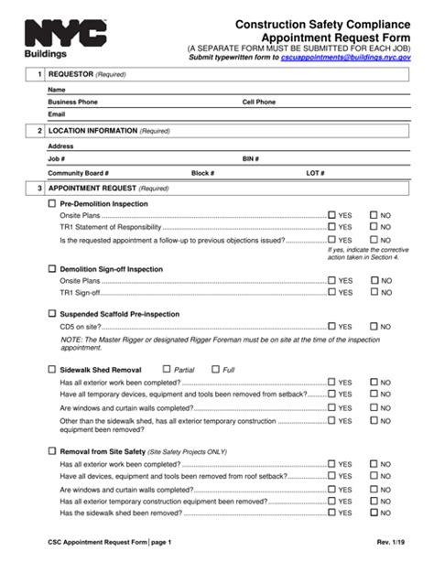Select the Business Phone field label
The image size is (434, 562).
(x=73, y=103)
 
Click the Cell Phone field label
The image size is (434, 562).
(x=262, y=103)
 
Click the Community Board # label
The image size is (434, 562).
(x=79, y=172)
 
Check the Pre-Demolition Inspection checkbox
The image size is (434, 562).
(x=51, y=203)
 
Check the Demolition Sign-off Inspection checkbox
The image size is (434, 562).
(x=51, y=269)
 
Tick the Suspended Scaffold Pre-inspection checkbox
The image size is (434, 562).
(x=51, y=313)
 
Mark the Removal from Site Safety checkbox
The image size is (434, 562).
(x=51, y=451)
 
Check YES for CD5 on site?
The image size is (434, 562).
(x=332, y=326)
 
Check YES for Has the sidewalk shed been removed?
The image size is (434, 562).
(x=332, y=515)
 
